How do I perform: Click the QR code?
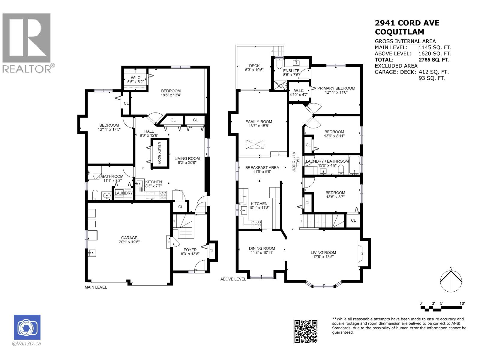pos(305,331)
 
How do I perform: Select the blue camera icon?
pos(27,327)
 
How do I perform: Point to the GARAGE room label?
pos(129,238)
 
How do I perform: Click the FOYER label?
pos(190,250)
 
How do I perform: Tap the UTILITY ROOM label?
pos(159,153)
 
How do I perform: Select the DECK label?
pos(254,66)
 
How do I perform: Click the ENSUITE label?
pos(291,70)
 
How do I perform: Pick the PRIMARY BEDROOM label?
pos(336,88)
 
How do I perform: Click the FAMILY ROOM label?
pos(259,121)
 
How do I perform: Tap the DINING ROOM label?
pos(262,248)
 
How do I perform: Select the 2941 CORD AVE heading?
pos(407,23)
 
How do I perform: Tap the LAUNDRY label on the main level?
pos(124,193)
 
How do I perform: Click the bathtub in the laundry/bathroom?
pos(354,165)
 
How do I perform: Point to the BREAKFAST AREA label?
pos(262,168)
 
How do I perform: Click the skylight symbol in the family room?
pos(255,144)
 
